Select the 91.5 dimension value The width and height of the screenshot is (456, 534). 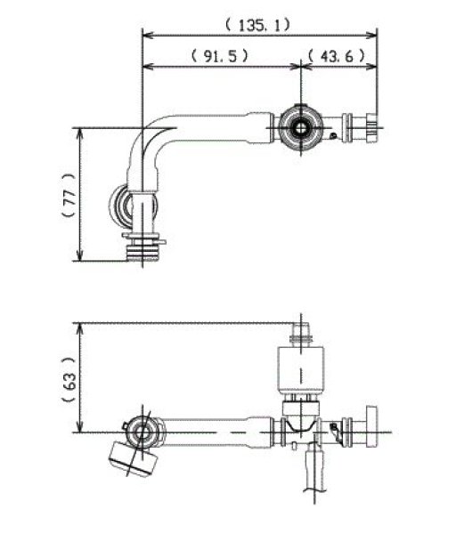click(x=219, y=54)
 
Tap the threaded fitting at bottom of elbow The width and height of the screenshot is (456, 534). click(x=142, y=247)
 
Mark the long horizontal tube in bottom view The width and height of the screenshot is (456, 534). click(x=214, y=434)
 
